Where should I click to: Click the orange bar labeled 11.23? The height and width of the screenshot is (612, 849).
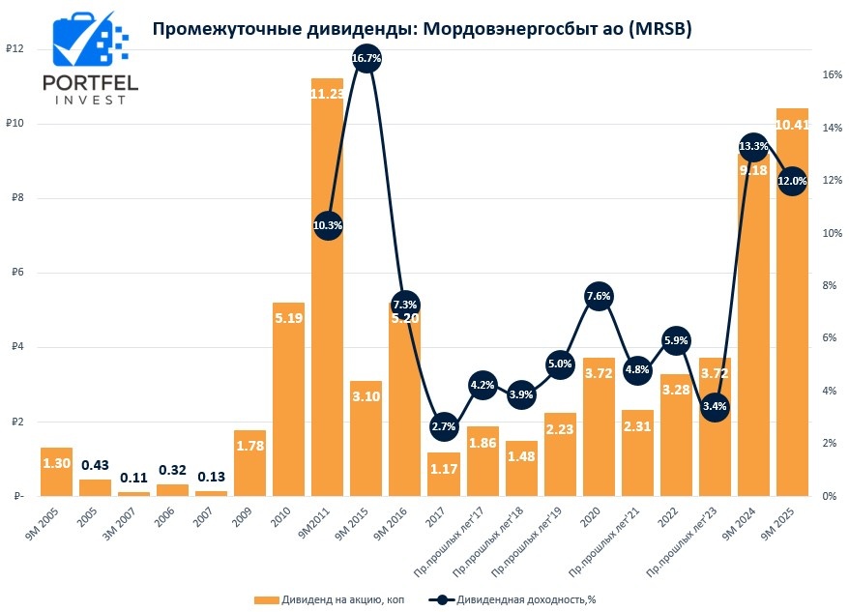click(x=327, y=290)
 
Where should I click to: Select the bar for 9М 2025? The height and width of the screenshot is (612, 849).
click(x=792, y=309)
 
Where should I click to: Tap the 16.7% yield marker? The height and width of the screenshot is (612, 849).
click(x=366, y=59)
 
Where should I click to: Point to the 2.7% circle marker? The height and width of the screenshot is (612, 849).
click(x=444, y=426)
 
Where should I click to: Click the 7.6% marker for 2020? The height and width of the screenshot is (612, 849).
click(x=599, y=297)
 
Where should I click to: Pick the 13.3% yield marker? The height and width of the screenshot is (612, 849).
click(x=753, y=147)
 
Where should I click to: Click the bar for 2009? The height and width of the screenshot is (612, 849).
click(x=249, y=464)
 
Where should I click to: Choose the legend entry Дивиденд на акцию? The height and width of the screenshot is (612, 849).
click(x=329, y=599)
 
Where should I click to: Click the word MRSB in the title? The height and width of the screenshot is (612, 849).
click(x=661, y=29)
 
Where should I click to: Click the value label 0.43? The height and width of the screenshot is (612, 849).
click(x=95, y=465)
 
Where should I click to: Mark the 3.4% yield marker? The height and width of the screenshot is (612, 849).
click(x=715, y=406)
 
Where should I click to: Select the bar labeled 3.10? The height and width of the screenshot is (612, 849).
click(x=366, y=440)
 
